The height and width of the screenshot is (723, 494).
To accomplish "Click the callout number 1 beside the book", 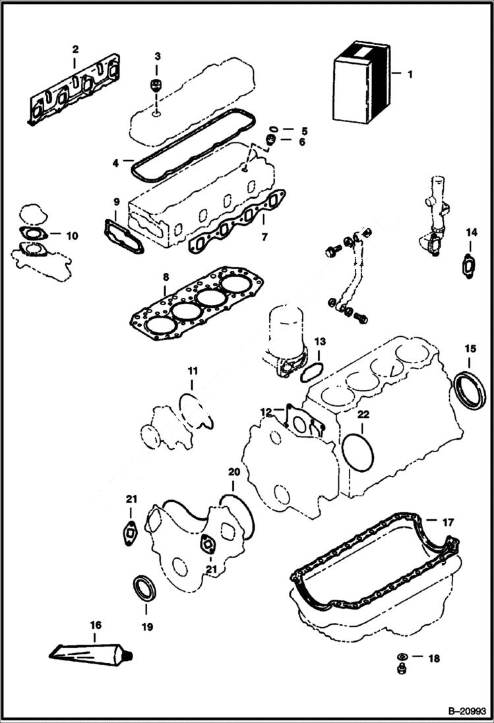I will click(x=410, y=74).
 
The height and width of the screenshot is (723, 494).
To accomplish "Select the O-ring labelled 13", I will click(x=311, y=372).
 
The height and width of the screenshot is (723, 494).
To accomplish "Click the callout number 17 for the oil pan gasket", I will click(x=448, y=523).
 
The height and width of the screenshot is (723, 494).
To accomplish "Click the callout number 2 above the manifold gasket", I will click(x=75, y=49).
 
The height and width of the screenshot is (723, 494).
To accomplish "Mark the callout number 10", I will click(x=72, y=235).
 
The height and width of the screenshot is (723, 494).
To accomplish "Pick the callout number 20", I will click(x=233, y=472).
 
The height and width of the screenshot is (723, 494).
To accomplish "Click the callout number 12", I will click(x=266, y=411).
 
